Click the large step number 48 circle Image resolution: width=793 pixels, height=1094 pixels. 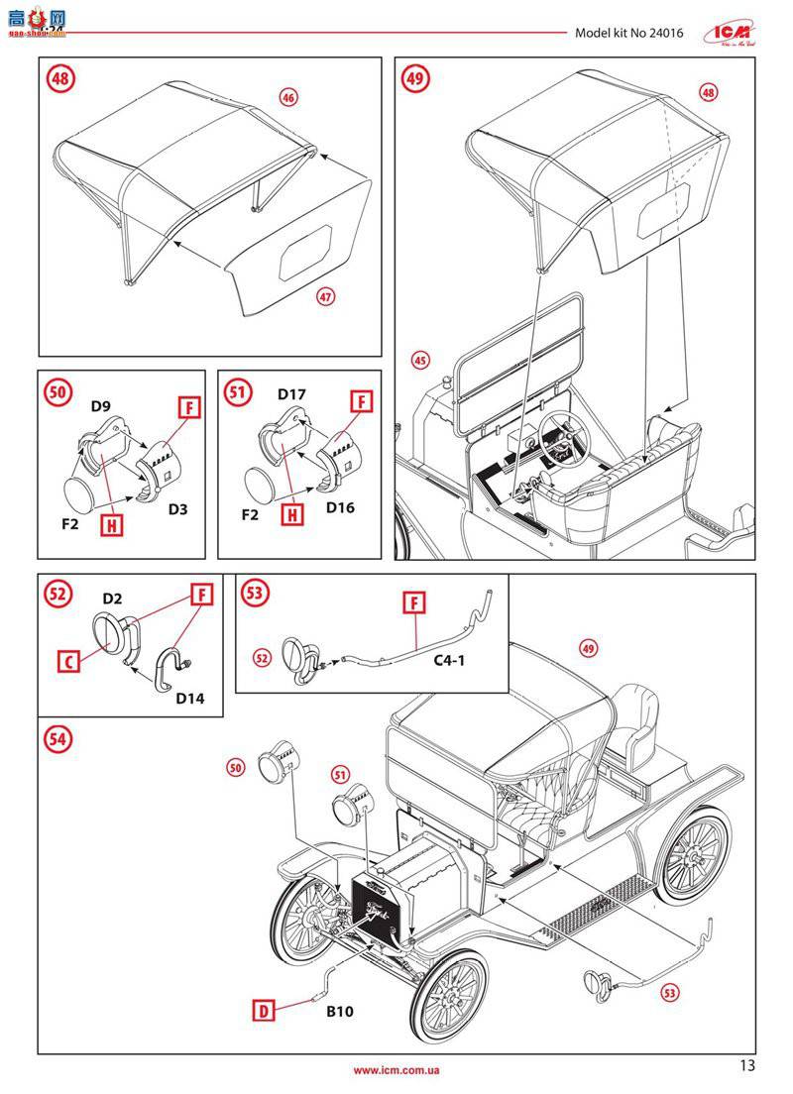(58, 79)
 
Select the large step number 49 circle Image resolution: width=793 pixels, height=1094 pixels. (415, 79)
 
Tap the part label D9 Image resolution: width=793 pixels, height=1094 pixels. (101, 404)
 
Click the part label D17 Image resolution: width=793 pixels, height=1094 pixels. (291, 395)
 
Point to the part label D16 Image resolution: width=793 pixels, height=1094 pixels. (339, 507)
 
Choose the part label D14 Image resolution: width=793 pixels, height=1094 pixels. (189, 698)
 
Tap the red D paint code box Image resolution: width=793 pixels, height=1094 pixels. (263, 1011)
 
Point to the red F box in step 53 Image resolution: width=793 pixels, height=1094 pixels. (414, 602)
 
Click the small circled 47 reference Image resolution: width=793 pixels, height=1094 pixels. (323, 296)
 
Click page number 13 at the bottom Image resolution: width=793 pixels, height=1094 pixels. (746, 1065)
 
